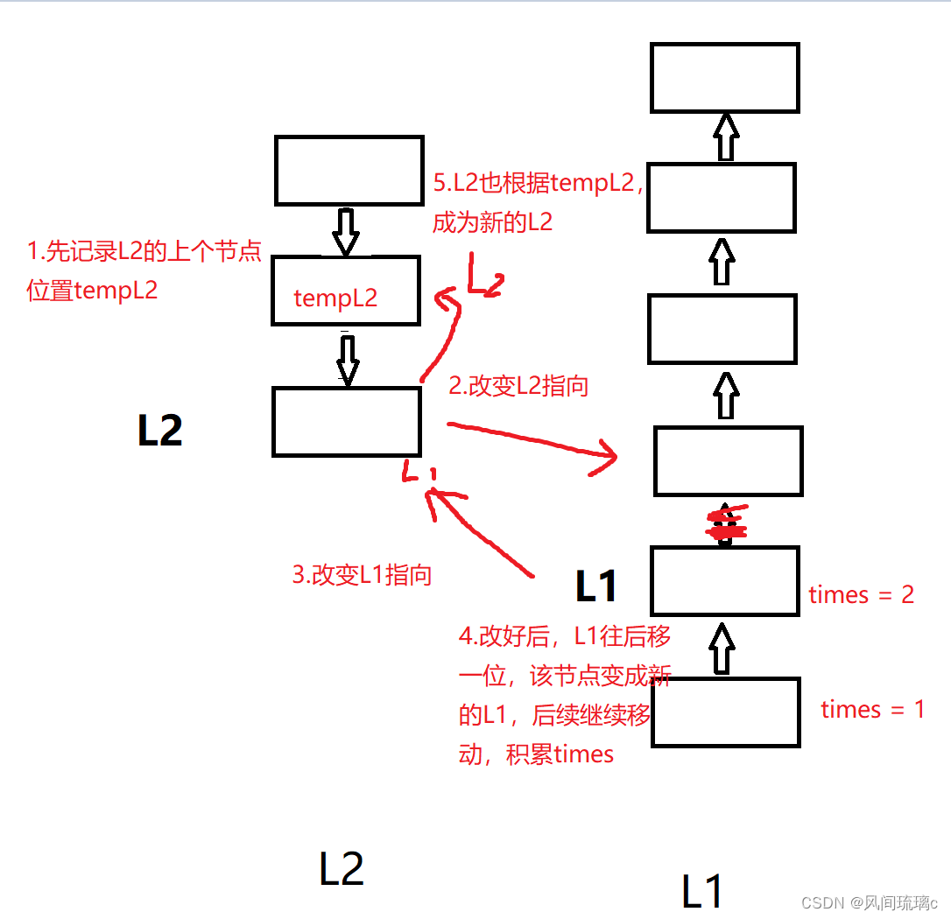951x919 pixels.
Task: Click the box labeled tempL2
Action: (345, 290)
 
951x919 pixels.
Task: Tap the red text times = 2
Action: (861, 595)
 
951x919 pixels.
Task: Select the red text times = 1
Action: (872, 709)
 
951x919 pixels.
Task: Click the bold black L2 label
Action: (160, 431)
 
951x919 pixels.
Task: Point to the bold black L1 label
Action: (596, 586)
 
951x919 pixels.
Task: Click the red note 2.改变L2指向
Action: (518, 386)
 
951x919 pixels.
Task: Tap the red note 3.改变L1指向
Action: (362, 575)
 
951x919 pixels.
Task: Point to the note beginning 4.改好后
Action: (564, 695)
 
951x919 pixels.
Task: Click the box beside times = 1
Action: (726, 712)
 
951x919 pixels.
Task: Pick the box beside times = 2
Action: (725, 580)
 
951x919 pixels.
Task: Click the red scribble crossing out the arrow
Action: (726, 524)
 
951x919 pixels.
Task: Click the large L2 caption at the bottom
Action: (341, 869)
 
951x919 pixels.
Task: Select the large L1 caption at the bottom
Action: (702, 890)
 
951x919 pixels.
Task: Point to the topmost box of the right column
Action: (725, 78)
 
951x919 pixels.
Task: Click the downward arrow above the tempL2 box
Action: (345, 230)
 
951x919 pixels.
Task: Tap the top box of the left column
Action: (349, 170)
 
